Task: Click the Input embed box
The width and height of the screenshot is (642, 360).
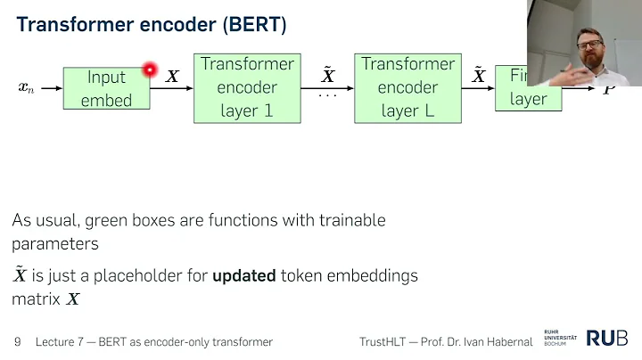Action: [106, 88]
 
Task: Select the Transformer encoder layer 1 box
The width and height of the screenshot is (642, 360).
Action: [247, 87]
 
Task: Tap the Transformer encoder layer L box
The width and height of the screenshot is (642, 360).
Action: [408, 87]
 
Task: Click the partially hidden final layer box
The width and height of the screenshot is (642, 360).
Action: [527, 88]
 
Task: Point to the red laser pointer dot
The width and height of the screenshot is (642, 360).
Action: [150, 69]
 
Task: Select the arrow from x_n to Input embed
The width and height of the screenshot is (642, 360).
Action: [51, 88]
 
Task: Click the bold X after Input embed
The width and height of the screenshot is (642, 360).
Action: [172, 77]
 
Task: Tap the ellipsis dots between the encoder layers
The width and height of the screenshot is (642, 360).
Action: [327, 94]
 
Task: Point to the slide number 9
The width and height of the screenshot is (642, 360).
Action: [18, 342]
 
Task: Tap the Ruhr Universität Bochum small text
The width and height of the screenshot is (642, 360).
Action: [560, 339]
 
